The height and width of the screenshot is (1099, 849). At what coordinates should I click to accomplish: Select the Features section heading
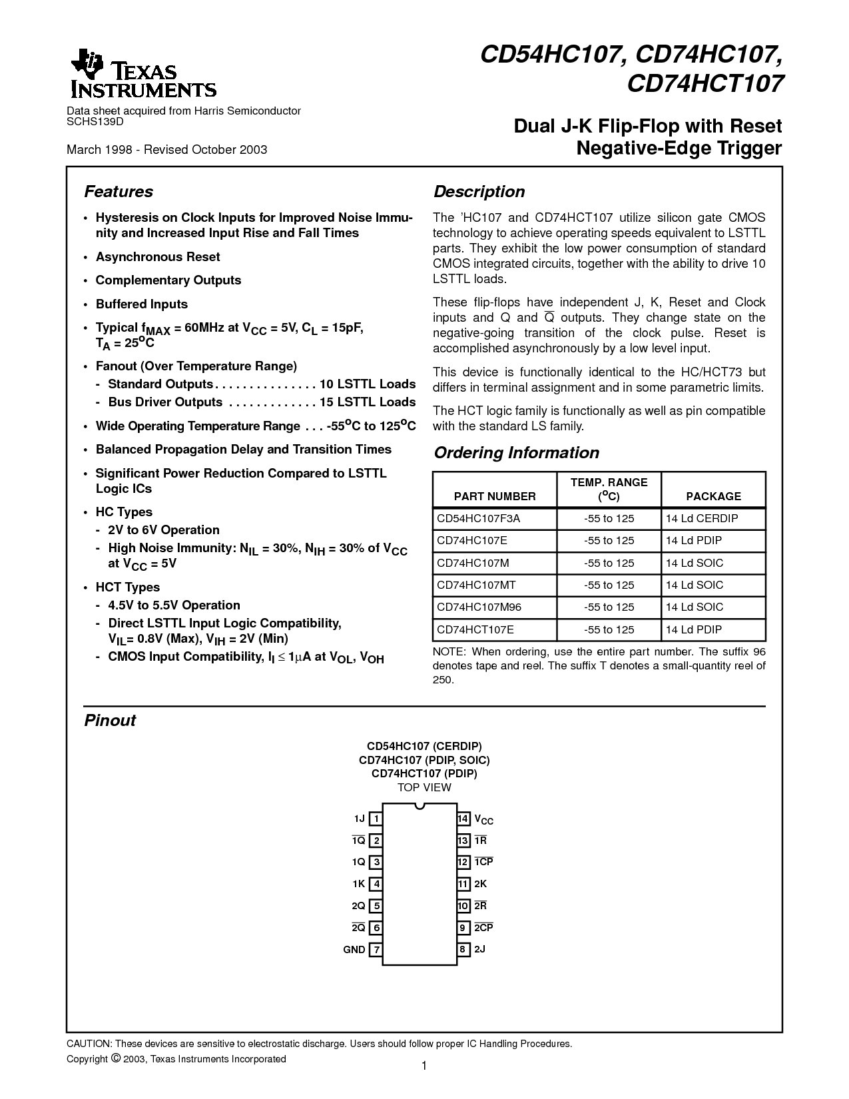pos(119,192)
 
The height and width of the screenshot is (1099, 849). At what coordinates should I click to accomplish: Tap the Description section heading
pos(479,192)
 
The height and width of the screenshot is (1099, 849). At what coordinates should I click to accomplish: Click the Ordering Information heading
pos(516,453)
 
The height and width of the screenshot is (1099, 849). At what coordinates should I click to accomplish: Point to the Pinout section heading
pos(110,721)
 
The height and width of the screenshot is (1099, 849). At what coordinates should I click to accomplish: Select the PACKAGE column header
pos(713,496)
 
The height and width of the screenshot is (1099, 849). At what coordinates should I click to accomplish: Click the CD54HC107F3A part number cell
pos(477,518)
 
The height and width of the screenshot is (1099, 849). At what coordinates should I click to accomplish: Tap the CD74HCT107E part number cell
pos(475,629)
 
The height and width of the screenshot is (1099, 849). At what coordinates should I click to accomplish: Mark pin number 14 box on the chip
pos(463,819)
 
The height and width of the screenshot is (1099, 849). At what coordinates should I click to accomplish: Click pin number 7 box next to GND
pos(376,950)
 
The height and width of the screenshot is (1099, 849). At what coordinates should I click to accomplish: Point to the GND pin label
pos(354,950)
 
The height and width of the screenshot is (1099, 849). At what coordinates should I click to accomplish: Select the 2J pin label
pos(480,949)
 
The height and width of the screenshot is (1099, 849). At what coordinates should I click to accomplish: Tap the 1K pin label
pos(358,884)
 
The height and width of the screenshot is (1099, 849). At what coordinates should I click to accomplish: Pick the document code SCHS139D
pos(95,122)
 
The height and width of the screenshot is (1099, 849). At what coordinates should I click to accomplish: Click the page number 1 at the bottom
pos(424,1066)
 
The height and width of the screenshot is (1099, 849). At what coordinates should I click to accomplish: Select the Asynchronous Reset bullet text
pos(158,257)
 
